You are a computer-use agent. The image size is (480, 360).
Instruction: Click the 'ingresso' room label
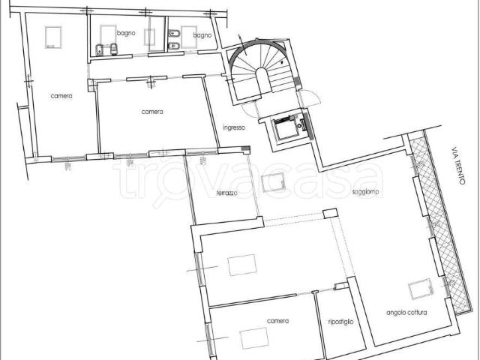pos(234,127)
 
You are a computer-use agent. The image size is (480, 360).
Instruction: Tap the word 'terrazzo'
pos(226,193)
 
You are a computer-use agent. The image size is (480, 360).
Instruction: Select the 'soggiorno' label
pos(365,192)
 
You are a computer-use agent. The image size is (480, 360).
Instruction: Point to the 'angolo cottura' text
pos(406,313)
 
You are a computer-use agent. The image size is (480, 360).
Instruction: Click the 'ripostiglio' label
pos(340,322)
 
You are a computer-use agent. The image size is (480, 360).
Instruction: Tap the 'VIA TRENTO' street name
pos(458,166)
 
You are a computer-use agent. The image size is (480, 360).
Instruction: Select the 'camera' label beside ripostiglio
pos(278,321)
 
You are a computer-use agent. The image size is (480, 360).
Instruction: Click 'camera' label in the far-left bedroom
pos(61,96)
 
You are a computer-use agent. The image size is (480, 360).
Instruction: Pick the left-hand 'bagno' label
pos(126,33)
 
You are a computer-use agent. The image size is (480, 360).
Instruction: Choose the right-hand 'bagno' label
pos(202,35)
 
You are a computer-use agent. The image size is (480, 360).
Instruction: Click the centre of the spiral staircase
pos(261,68)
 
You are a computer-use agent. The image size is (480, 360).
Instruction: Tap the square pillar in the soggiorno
pos(330,213)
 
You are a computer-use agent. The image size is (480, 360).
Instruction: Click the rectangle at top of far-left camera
pos(53,37)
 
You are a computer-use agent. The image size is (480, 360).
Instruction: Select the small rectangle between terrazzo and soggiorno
pos(273,182)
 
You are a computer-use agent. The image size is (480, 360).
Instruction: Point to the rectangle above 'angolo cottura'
pos(421,289)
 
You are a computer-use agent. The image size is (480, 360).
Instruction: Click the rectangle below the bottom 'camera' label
pos(254,338)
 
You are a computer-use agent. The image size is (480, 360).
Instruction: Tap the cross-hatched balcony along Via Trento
pos(439,221)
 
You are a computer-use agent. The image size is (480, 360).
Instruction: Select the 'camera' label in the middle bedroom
pos(152,112)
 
